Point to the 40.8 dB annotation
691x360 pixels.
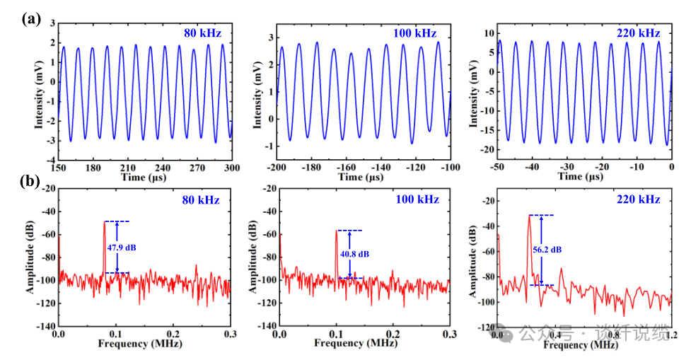(353, 253)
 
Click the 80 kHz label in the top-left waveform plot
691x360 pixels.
(202, 34)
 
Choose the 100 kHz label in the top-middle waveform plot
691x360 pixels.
(414, 33)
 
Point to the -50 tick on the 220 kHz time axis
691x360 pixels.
(498, 169)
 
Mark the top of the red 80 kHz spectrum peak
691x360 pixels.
(105, 222)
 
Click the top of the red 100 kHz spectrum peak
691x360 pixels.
(337, 231)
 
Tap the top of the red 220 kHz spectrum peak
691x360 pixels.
(529, 216)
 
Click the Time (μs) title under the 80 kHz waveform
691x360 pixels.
(145, 177)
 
